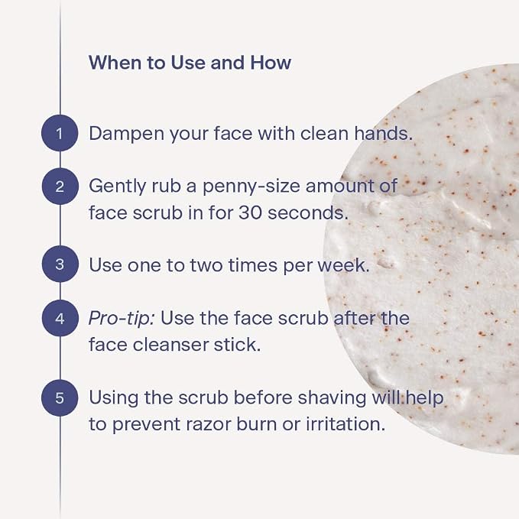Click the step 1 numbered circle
click(x=60, y=133)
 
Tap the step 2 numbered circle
click(x=60, y=187)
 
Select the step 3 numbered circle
click(x=60, y=264)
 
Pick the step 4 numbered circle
click(x=60, y=319)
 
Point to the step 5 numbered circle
click(x=60, y=397)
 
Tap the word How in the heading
click(x=271, y=62)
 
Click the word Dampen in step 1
click(x=126, y=134)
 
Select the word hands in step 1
click(x=383, y=133)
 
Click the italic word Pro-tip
click(x=122, y=319)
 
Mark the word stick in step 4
click(x=237, y=345)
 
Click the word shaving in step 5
click(x=331, y=398)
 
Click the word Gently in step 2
click(x=118, y=187)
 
